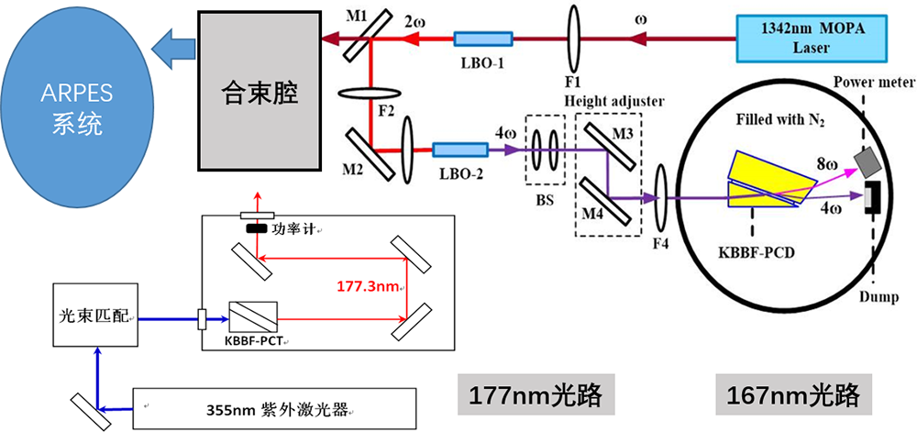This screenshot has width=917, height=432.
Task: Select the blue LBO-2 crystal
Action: coord(459,150)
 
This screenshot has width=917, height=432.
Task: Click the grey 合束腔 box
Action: coord(260,89)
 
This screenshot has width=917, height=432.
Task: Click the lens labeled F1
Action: coord(575,39)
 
